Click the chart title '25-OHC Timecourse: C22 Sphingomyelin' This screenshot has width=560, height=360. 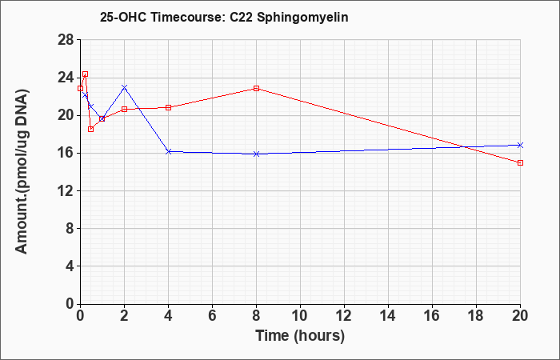click(x=224, y=17)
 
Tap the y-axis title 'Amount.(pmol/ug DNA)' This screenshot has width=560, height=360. click(x=22, y=171)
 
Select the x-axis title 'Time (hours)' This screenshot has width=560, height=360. click(x=300, y=336)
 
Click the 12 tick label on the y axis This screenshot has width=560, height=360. click(x=66, y=190)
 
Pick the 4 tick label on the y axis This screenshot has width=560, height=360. click(x=70, y=266)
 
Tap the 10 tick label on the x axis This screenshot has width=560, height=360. click(x=300, y=316)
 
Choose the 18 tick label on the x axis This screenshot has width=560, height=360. click(x=477, y=316)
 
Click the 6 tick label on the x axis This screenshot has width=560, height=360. click(x=213, y=316)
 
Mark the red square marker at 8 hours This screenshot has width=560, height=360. click(x=257, y=88)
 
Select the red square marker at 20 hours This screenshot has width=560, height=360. click(x=520, y=163)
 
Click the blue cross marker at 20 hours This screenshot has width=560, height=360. click(x=520, y=145)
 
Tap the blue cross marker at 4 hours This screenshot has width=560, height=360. click(x=169, y=152)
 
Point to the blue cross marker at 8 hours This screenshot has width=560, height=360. click(x=257, y=154)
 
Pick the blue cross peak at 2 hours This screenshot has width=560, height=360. click(x=124, y=87)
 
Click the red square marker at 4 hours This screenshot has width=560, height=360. click(x=169, y=107)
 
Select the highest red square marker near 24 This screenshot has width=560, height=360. click(x=85, y=74)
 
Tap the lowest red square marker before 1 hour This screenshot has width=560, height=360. click(x=90, y=130)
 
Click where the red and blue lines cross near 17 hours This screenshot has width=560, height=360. click(x=463, y=146)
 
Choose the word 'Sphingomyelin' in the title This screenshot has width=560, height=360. click(x=302, y=18)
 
